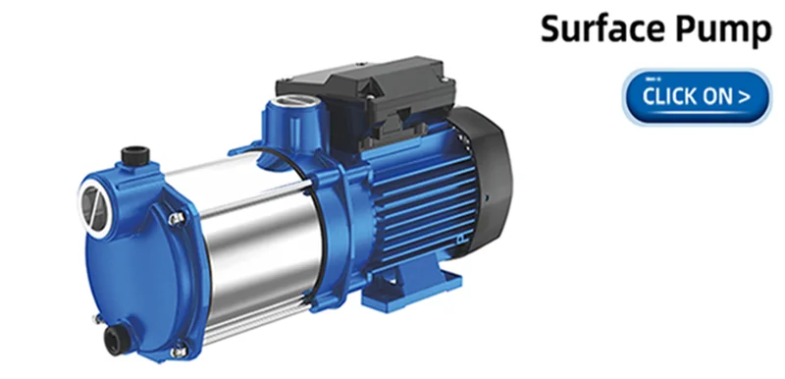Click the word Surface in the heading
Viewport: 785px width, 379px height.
coord(604,28)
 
